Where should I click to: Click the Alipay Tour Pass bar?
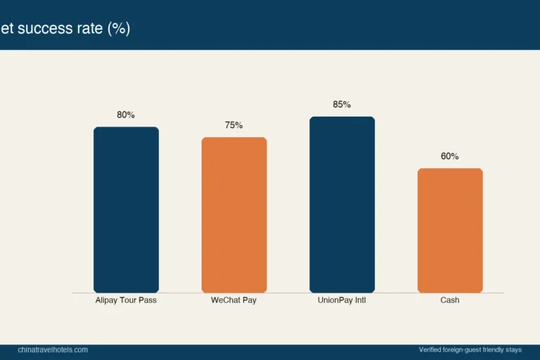click(126, 210)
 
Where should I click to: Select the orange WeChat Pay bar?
click(234, 215)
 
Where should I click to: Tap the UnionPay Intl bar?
click(342, 205)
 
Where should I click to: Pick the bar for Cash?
click(450, 231)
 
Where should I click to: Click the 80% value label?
click(126, 115)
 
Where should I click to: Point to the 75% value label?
click(234, 125)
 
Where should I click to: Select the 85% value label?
click(342, 104)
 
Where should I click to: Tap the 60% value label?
click(450, 156)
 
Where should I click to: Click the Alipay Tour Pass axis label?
click(126, 300)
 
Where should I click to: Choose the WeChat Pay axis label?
click(234, 300)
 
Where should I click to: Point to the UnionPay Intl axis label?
click(342, 300)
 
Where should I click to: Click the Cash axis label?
click(450, 300)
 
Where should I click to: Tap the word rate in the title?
click(90, 28)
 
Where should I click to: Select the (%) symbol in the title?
click(119, 29)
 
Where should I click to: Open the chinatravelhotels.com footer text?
click(53, 349)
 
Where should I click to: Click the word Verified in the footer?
click(430, 349)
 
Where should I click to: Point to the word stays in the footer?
click(514, 350)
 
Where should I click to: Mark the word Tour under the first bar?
click(128, 300)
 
